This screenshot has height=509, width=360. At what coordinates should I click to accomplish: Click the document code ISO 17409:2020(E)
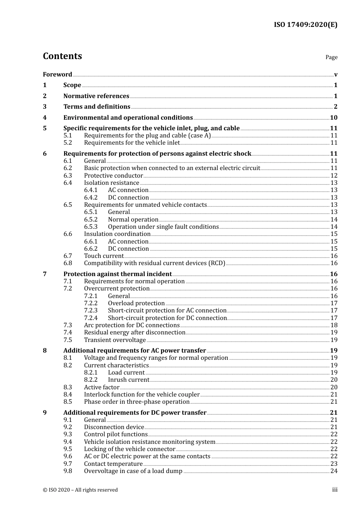(305, 25)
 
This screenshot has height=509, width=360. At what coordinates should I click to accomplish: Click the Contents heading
(62, 56)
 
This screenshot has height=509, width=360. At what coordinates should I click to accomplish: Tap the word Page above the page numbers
(331, 57)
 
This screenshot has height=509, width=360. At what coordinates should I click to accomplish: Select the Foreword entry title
(57, 74)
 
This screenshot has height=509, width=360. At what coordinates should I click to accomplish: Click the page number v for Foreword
(336, 75)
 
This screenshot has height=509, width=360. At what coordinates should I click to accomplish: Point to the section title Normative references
(96, 96)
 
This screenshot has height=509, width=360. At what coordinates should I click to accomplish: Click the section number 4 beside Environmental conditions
(45, 118)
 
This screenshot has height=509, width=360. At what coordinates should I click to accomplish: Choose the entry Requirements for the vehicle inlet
(132, 143)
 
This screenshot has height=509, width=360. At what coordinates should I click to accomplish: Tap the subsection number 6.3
(68, 176)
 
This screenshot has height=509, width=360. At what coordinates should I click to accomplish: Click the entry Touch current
(104, 256)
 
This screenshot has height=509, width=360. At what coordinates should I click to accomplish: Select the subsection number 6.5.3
(91, 227)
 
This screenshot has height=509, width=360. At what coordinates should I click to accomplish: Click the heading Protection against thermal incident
(117, 274)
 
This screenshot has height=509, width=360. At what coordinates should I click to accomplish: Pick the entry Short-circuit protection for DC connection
(167, 318)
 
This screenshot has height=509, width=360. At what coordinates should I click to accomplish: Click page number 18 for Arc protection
(334, 325)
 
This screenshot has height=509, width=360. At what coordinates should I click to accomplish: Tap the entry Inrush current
(128, 380)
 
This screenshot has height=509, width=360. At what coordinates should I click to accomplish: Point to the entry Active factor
(102, 387)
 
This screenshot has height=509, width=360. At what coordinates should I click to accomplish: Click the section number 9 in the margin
(45, 413)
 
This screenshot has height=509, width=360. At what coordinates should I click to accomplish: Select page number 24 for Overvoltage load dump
(334, 471)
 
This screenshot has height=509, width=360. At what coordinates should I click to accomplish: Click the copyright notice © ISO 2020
(80, 490)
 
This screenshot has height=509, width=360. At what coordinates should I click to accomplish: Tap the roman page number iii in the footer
(335, 490)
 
